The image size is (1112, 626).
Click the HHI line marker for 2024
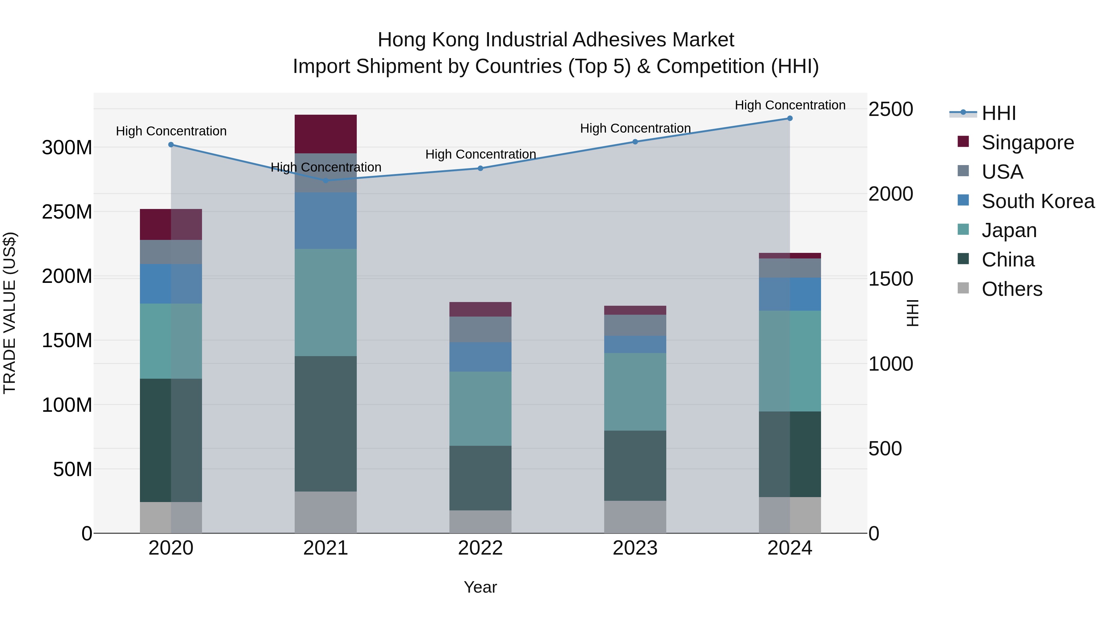790,118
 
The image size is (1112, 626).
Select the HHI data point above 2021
326,181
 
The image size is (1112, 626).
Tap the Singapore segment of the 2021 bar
326,134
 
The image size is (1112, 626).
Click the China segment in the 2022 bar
480,478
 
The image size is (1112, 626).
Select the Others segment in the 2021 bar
326,512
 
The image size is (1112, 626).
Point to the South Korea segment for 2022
480,357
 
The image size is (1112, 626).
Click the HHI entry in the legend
998,113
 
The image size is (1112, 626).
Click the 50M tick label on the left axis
72,469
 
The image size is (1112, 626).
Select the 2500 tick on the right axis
890,109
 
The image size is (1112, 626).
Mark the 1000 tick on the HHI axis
890,364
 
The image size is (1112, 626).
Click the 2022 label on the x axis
480,548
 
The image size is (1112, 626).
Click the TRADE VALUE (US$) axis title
10,313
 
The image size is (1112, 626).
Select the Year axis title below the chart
480,587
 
